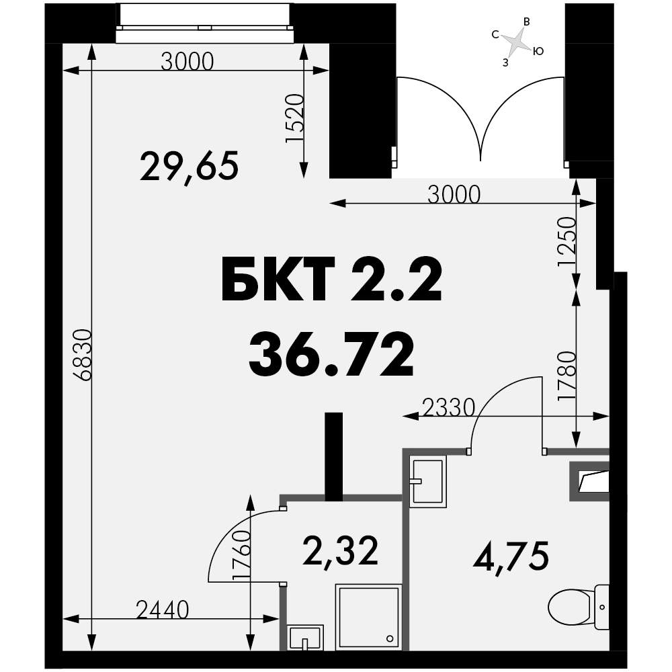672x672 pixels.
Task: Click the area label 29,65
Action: point(189,167)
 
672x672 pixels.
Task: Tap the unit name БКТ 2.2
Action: point(331,280)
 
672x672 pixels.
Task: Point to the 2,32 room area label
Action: point(340,552)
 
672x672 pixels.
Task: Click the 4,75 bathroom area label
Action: point(511,556)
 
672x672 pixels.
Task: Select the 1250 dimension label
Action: point(566,242)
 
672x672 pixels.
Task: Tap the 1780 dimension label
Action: point(566,376)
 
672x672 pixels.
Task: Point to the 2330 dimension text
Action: point(449,408)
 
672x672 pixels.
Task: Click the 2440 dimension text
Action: point(163,610)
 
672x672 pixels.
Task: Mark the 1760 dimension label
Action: point(241,556)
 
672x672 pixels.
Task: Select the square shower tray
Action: point(368,617)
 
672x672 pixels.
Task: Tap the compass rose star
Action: point(517,42)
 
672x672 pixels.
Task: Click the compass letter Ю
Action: point(538,52)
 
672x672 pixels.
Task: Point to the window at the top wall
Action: point(205,23)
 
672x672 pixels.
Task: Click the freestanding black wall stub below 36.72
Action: point(334,456)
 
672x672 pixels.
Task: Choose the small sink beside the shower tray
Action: point(305,638)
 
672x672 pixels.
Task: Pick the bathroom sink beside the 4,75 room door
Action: point(427,481)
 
